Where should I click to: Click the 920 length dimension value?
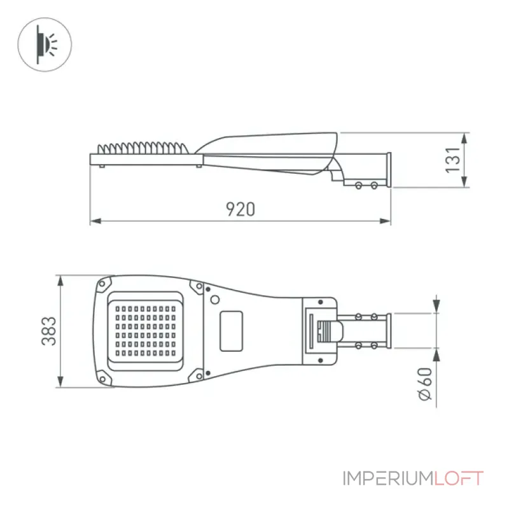(x=241, y=209)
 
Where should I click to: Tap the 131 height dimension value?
(x=453, y=160)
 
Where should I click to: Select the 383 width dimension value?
(x=49, y=331)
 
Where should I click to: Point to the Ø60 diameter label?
(x=424, y=384)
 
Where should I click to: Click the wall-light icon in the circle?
(x=45, y=45)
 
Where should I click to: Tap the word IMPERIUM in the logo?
(x=388, y=478)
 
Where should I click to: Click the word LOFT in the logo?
(x=459, y=478)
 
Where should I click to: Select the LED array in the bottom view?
(x=146, y=330)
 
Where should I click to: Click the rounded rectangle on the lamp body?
(x=232, y=331)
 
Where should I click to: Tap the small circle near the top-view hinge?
(x=215, y=300)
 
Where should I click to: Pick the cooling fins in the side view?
(x=143, y=148)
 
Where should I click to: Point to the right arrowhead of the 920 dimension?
(x=385, y=221)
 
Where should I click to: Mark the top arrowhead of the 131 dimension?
(x=464, y=138)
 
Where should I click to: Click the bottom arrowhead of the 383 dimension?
(x=60, y=382)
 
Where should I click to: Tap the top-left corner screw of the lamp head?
(x=102, y=284)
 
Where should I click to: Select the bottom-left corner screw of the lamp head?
(x=102, y=379)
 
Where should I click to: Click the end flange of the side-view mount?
(x=389, y=170)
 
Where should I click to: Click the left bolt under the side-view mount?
(x=359, y=186)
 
